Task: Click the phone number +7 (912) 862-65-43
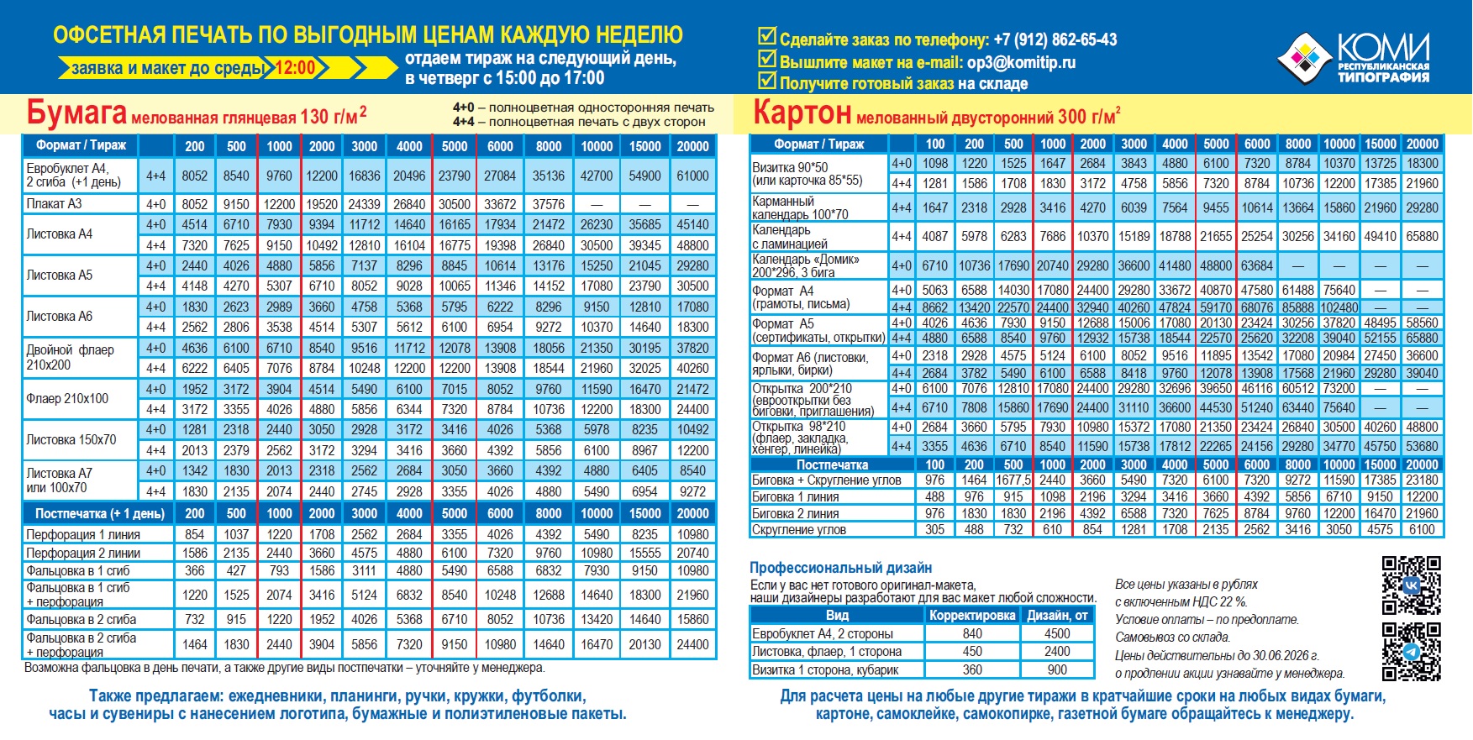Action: (x=1055, y=39)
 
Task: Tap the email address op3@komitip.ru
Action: (x=1021, y=62)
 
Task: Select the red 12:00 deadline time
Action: (x=295, y=68)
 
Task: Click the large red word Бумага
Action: (x=76, y=113)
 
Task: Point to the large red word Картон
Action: (x=802, y=113)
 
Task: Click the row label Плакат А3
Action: (x=54, y=204)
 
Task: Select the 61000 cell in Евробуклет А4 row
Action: (x=692, y=176)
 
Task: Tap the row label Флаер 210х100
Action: (x=67, y=399)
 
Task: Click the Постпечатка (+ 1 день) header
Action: (x=99, y=513)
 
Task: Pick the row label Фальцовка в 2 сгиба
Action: (x=81, y=619)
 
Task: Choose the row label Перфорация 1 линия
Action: (x=83, y=534)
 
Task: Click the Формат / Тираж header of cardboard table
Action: (x=818, y=144)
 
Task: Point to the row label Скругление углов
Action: (x=798, y=529)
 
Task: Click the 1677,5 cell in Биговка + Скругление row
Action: (x=1013, y=480)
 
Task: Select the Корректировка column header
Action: (x=972, y=615)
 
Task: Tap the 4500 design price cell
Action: (x=1057, y=633)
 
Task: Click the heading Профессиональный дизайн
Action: (x=840, y=568)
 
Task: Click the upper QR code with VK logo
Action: (x=1411, y=585)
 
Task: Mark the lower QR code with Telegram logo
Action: (x=1411, y=651)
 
